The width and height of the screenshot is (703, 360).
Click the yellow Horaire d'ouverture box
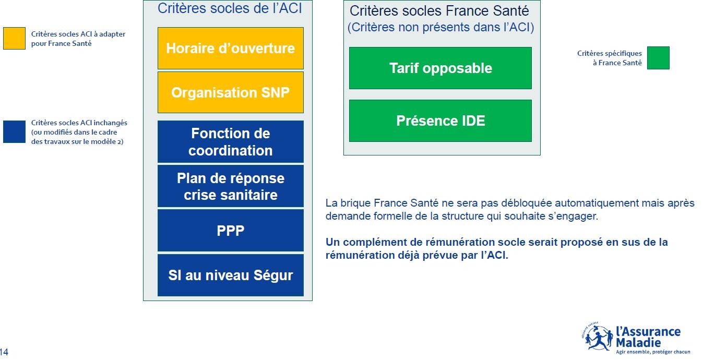pyautogui.click(x=230, y=48)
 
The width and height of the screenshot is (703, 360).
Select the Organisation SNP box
pyautogui.click(x=230, y=92)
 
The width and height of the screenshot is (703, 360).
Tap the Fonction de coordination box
pyautogui.click(x=230, y=141)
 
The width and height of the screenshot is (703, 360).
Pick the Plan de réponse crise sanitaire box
pyautogui.click(x=230, y=186)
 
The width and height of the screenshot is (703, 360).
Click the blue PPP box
pyautogui.click(x=230, y=231)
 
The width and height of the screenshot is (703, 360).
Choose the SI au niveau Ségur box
pyautogui.click(x=230, y=275)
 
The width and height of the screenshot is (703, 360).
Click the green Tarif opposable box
pyautogui.click(x=440, y=68)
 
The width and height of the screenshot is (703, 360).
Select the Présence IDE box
pyautogui.click(x=440, y=121)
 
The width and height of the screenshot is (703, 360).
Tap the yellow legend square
pyautogui.click(x=14, y=38)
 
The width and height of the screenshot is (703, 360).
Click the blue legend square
pyautogui.click(x=14, y=132)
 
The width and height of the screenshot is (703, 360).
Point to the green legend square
pyautogui.click(x=658, y=58)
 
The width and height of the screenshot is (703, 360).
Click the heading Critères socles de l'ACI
pyautogui.click(x=230, y=8)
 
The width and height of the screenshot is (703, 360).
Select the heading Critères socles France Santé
pyautogui.click(x=439, y=11)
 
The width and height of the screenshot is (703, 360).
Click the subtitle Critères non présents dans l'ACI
pyautogui.click(x=440, y=27)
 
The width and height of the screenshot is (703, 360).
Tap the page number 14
pyautogui.click(x=4, y=352)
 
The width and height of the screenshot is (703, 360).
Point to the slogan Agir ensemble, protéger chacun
pyautogui.click(x=653, y=352)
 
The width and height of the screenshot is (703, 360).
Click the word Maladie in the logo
pyautogui.click(x=638, y=342)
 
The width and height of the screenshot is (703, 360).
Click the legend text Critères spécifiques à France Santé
pyautogui.click(x=610, y=58)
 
